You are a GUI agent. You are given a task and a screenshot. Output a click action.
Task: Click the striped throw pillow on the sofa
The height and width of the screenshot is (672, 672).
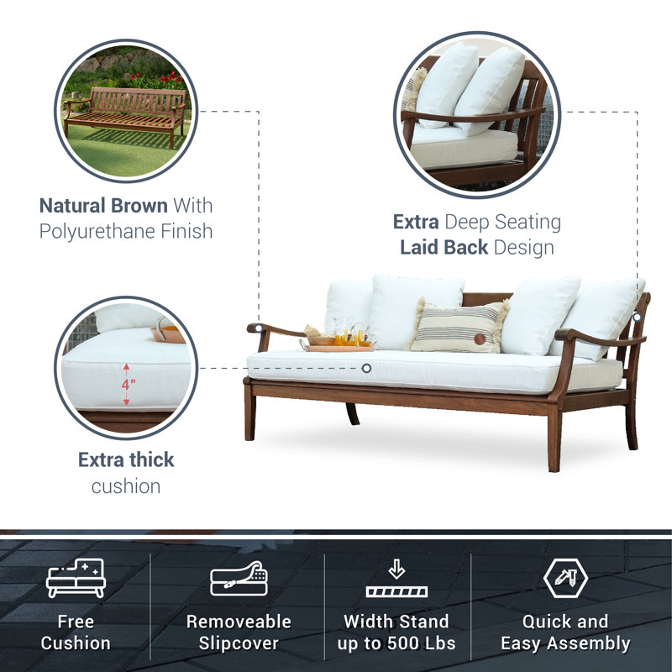pos(457,327)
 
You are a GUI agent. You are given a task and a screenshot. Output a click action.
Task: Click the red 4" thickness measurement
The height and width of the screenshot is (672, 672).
pos(127,384)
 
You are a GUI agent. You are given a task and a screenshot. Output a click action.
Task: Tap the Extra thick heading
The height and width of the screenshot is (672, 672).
pos(126,459)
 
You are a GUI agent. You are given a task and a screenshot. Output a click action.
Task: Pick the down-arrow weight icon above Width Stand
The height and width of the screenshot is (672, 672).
pos(396,580)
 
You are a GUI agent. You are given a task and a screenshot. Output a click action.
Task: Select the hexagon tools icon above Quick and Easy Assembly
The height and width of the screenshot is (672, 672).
pos(564,579)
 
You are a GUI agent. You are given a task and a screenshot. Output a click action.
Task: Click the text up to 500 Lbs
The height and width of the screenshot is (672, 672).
pos(396,644)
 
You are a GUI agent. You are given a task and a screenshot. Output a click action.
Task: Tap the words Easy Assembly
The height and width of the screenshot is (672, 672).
pos(564,644)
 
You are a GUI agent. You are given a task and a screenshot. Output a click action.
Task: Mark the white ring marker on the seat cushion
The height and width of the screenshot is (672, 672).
pos(366,368)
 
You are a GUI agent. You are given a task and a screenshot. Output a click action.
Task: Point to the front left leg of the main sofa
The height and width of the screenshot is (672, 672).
pos(249,417)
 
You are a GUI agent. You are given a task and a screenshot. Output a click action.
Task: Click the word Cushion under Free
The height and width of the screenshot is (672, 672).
pos(76,644)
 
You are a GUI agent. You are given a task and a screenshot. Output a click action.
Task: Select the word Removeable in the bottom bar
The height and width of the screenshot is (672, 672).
pos(239,622)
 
